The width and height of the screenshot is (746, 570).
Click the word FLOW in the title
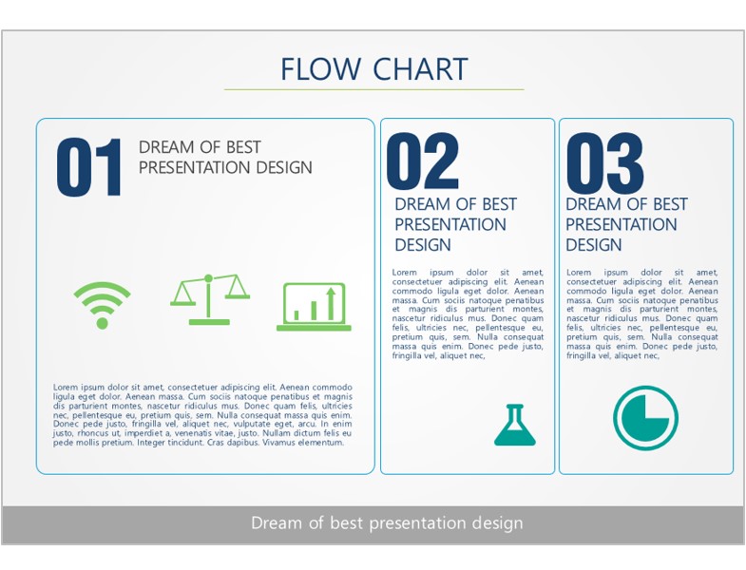[x=320, y=69]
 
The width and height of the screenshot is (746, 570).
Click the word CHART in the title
[x=421, y=69]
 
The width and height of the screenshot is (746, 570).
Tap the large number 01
[x=89, y=167]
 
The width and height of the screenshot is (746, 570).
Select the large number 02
[x=423, y=161]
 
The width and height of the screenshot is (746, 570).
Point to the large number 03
[x=604, y=161]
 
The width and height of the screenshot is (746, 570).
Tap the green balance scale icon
[x=209, y=299]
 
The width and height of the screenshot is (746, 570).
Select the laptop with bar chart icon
[x=314, y=307]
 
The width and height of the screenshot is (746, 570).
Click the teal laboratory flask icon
[x=515, y=425]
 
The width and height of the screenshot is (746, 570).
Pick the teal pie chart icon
[x=645, y=418]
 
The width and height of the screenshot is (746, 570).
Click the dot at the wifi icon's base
[x=102, y=324]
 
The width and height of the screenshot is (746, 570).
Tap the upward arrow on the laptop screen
[x=331, y=303]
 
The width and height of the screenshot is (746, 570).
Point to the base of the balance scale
[x=209, y=322]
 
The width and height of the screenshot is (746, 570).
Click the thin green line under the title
[x=374, y=89]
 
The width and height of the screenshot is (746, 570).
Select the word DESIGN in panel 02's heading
[x=423, y=245]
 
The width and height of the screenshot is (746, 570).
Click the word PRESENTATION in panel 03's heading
[x=621, y=224]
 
